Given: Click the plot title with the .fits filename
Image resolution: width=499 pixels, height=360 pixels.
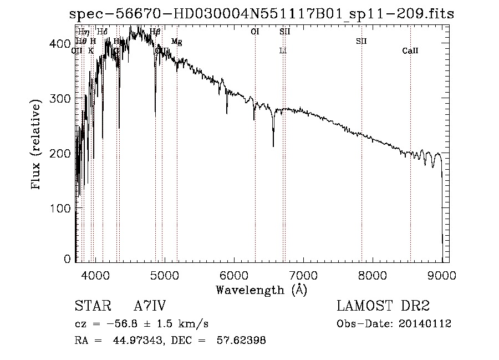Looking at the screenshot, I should tap(261, 14).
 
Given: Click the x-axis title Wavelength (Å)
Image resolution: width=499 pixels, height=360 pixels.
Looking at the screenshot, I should tap(261, 290).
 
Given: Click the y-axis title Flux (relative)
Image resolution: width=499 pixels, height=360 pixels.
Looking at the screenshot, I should tap(37, 145).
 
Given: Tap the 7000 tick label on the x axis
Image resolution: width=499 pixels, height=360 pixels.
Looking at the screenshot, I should tap(303, 276).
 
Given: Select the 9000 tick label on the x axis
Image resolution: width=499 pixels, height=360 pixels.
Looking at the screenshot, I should tap(442, 276).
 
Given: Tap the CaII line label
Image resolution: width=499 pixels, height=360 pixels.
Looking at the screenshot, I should tap(410, 51).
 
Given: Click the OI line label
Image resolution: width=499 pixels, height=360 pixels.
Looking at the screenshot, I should tap(255, 32).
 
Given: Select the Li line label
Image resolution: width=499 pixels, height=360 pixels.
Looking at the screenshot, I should tap(283, 51).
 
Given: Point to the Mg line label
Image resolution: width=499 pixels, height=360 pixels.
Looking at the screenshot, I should tap(176, 42).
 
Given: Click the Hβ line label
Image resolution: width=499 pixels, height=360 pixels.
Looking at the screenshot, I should tap(155, 32).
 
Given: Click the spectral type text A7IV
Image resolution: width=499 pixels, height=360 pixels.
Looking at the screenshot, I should tap(150, 306).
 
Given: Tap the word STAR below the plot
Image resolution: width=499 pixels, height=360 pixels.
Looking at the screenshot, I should tap(93, 306).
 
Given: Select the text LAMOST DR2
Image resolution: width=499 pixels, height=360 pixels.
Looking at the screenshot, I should tap(383, 306).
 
